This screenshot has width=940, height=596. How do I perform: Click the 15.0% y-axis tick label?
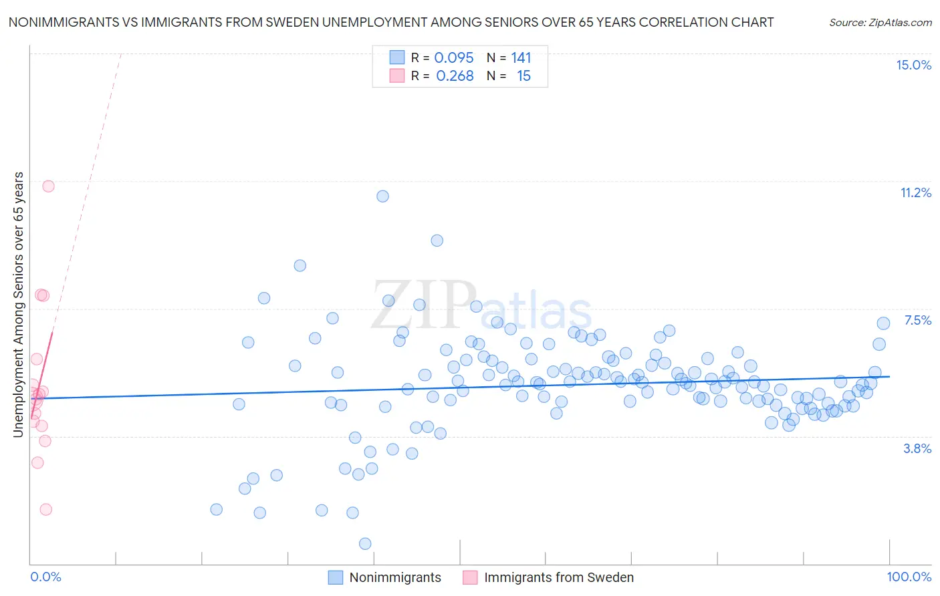[913, 65]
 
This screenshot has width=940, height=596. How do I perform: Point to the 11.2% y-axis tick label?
[915, 192]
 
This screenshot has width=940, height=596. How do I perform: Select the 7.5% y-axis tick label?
[917, 320]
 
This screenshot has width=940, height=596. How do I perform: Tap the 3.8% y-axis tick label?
[917, 448]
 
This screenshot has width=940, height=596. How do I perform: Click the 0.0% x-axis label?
[45, 577]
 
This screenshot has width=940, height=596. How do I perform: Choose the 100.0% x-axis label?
[909, 577]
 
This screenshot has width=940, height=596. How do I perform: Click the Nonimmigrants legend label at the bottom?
[395, 577]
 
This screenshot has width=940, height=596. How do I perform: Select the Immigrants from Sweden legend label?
[558, 577]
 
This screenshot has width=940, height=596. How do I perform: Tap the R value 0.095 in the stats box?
[454, 58]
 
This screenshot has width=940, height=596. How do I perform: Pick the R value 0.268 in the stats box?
[455, 76]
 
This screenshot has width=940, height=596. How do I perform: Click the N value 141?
[521, 58]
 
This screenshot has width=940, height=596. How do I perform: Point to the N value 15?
[523, 76]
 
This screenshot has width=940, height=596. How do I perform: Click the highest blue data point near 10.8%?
[382, 196]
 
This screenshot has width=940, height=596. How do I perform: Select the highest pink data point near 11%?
[48, 186]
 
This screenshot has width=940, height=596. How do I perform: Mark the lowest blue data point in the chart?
[365, 543]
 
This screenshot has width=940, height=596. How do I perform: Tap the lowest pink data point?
[45, 509]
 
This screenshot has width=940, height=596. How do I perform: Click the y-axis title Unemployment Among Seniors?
[18, 305]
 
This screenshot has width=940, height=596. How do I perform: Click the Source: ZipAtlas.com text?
[880, 22]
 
